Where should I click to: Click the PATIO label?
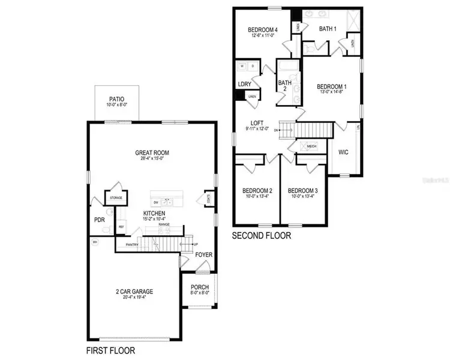coord(116,99)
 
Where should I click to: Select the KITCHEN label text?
coord(154,213)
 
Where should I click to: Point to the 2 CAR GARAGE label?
coord(134,292)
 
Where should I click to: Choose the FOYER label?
coord(204,254)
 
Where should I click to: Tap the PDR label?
coord(100,219)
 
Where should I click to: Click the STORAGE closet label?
coord(115,197)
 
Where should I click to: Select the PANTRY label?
coord(133,245)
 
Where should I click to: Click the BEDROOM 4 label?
coord(262,30)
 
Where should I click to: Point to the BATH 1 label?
coord(328,28)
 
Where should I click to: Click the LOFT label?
coord(257,122)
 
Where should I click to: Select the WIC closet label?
coord(343,152)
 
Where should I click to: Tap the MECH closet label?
coord(311,146)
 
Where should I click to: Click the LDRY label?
coord(244,85)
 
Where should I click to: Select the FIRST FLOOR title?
coord(110,350)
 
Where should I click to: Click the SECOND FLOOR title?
coord(262,236)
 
